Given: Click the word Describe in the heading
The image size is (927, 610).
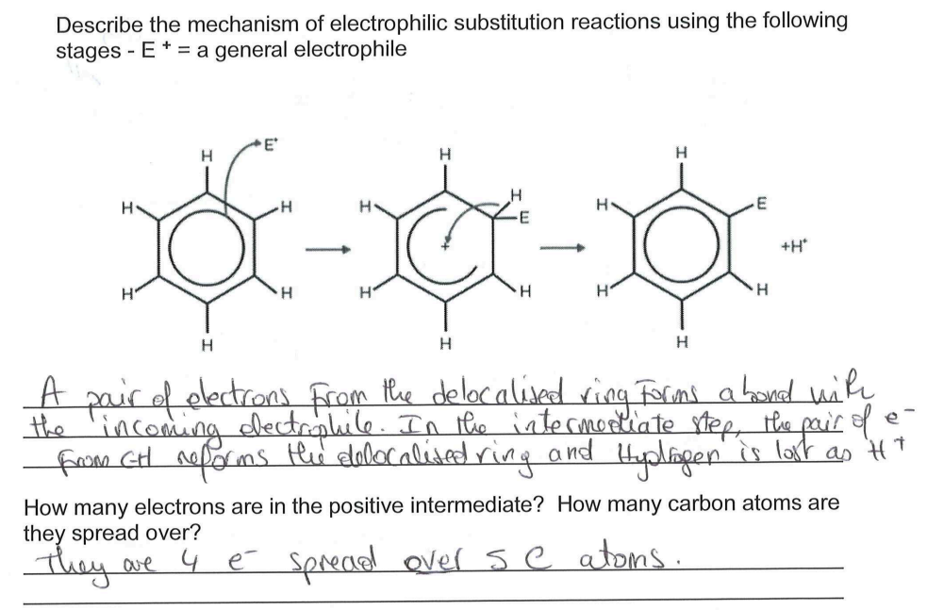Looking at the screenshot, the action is point(95,21).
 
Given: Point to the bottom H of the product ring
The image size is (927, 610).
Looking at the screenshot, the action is point(680,342).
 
